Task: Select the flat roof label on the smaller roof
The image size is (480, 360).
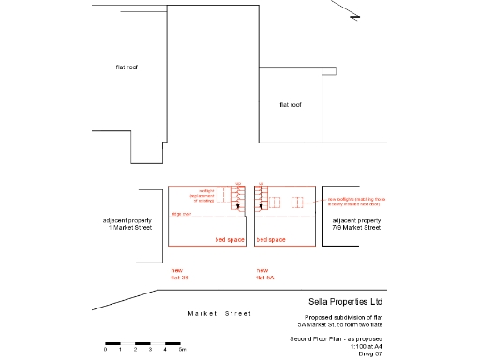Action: coord(290,104)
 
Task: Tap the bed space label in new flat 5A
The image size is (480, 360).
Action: coord(270,240)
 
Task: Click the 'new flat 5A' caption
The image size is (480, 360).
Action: coord(264,273)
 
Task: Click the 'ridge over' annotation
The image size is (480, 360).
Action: coord(181,215)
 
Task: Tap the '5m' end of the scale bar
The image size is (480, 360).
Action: coord(182,349)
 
